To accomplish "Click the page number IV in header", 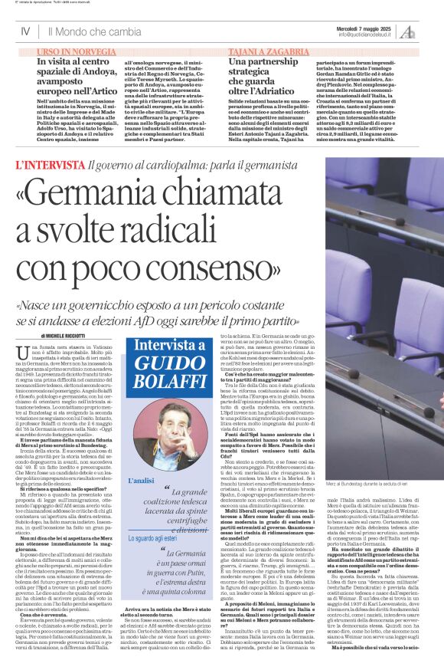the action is pos(25,32).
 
